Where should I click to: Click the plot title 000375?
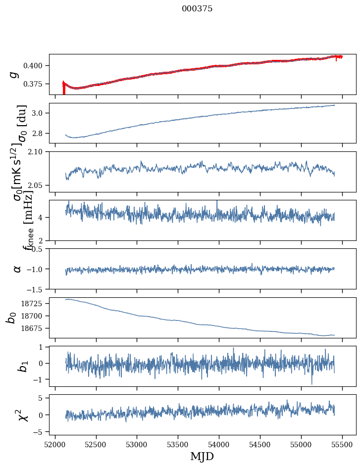click(x=197, y=9)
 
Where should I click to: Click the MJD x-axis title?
click(x=202, y=456)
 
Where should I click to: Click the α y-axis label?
click(x=17, y=269)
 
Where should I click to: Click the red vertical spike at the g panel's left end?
click(x=64, y=89)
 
